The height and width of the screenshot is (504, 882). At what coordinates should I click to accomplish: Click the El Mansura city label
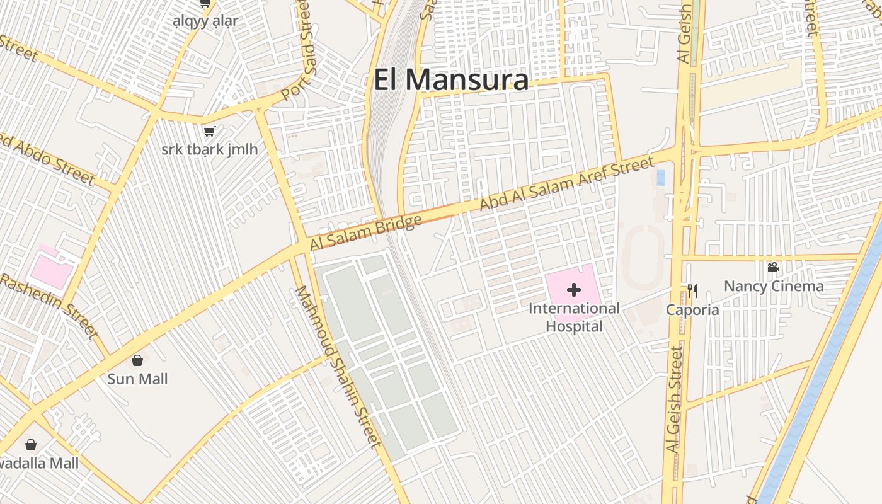(451, 81)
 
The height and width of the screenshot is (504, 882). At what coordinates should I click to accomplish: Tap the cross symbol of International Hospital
(574, 290)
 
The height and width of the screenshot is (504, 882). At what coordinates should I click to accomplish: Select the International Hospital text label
(574, 318)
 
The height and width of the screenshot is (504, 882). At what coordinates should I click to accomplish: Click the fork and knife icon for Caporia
(692, 290)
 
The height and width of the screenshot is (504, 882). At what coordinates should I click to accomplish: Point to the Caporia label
(693, 310)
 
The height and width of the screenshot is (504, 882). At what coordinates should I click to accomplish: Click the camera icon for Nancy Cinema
(773, 267)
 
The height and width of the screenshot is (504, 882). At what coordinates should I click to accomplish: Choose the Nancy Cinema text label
(774, 286)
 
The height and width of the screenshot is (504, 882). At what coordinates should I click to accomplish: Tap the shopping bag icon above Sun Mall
(137, 360)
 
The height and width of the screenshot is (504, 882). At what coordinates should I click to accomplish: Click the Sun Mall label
(137, 379)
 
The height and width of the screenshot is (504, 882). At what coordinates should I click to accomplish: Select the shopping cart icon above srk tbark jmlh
(209, 131)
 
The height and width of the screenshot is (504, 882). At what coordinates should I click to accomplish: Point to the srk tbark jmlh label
(209, 150)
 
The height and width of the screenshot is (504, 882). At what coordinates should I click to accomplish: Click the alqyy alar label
(205, 21)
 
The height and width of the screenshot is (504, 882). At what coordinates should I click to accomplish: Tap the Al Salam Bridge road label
(365, 233)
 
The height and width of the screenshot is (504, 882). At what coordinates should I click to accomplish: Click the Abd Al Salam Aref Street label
(567, 184)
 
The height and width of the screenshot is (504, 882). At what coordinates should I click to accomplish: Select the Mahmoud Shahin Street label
(338, 367)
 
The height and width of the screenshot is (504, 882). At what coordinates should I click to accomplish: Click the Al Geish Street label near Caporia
(675, 399)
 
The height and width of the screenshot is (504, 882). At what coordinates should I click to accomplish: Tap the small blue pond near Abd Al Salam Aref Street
(661, 178)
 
